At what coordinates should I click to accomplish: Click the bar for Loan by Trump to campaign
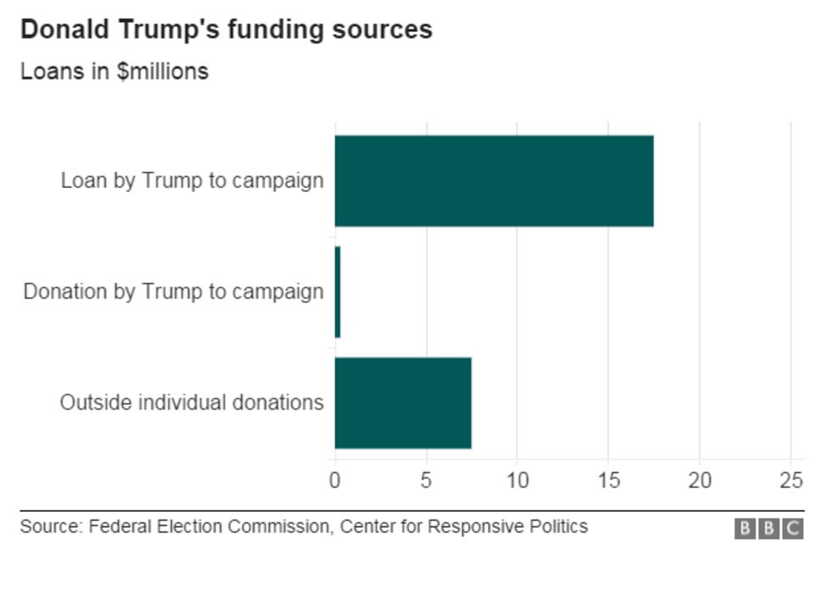(493, 181)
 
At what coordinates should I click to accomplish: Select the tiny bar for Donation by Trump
(337, 292)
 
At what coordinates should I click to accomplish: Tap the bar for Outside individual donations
(403, 403)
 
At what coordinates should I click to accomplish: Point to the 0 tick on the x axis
(335, 481)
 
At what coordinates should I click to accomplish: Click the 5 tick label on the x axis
(427, 481)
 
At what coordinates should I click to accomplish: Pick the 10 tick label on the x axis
(517, 481)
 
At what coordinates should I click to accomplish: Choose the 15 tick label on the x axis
(608, 481)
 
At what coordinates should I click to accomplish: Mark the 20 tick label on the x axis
(700, 481)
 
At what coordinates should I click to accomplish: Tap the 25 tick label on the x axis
(790, 481)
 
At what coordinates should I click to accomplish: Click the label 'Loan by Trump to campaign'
(192, 181)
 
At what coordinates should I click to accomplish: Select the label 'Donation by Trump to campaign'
(173, 292)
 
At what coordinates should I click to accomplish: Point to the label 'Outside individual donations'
(191, 403)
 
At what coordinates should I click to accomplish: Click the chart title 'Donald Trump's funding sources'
(226, 30)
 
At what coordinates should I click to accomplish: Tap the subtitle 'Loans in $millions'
(114, 71)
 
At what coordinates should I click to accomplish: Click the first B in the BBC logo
(745, 529)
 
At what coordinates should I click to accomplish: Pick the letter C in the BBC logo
(793, 529)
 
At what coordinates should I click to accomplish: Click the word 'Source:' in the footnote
(52, 527)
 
